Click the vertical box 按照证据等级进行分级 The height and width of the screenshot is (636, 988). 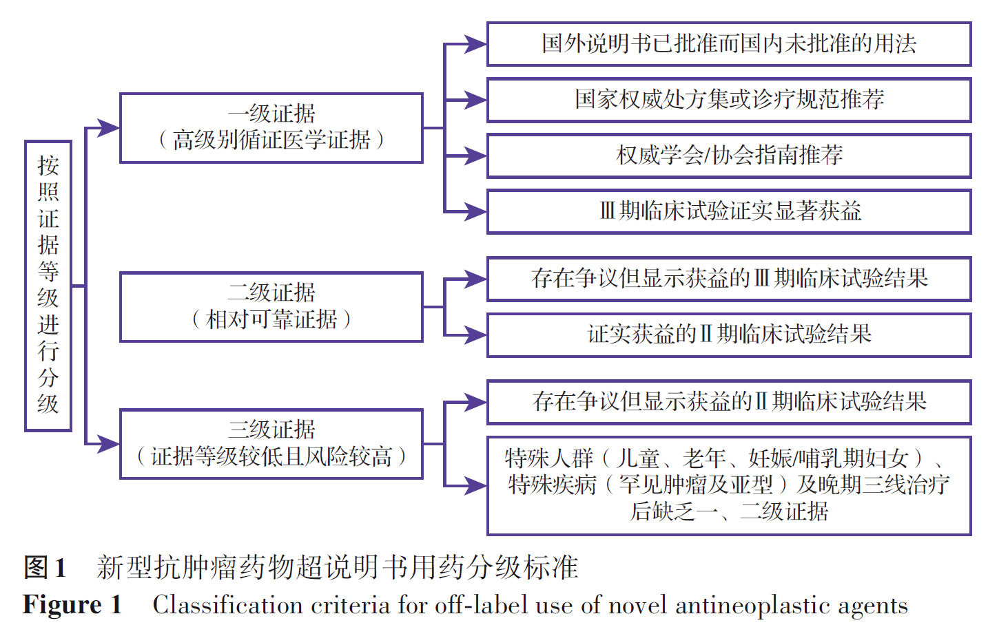coord(48,286)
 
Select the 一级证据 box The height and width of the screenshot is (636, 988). coord(271,128)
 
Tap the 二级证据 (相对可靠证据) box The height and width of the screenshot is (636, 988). coord(271,307)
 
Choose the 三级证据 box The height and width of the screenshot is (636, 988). coord(271,444)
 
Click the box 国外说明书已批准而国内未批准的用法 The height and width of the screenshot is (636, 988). coord(729,44)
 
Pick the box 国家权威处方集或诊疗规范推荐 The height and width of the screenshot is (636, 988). coord(729,100)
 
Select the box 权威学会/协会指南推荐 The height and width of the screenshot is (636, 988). coord(729,156)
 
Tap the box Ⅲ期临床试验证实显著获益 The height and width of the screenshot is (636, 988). coord(729,211)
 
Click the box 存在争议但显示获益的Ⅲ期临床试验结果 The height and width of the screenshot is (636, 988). coord(729,279)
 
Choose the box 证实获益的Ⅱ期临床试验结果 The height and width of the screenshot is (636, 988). coord(729,335)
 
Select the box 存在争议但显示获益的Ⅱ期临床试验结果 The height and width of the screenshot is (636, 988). coord(729,402)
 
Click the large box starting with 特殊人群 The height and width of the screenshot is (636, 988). coord(729,485)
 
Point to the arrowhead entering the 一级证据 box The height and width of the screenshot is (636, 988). coord(110,127)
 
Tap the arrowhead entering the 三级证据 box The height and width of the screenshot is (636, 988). coord(110,444)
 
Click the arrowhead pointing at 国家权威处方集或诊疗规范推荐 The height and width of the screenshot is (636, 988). coord(476,100)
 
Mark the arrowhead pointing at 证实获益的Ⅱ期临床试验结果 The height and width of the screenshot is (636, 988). coord(476,335)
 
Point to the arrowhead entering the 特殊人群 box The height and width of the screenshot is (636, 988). coord(476,485)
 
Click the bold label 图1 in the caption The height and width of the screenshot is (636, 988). coord(45,568)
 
